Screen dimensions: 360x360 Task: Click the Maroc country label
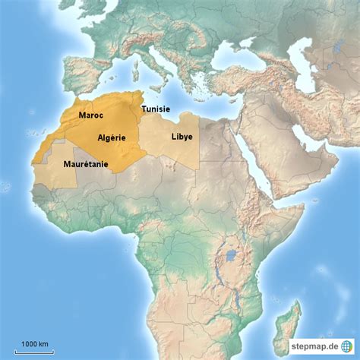tap(92, 115)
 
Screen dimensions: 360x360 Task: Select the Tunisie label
tap(156, 109)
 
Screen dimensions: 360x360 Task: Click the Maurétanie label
tap(86, 163)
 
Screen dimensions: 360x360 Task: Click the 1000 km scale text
tap(35, 344)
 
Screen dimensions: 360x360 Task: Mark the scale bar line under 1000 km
tap(35, 350)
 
